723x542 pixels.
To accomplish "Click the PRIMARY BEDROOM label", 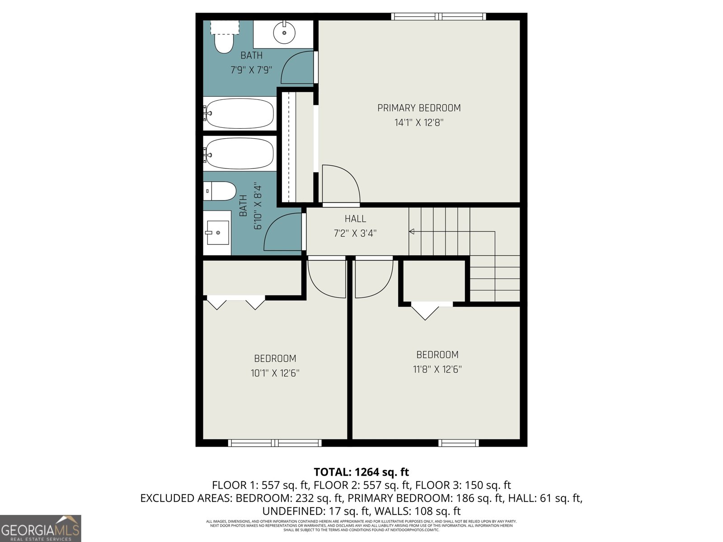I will click(x=419, y=108).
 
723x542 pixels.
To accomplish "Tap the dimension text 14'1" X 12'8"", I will click(x=419, y=122).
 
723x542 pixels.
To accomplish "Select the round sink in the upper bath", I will click(x=284, y=32).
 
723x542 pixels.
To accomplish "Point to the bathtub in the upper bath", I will click(x=239, y=113).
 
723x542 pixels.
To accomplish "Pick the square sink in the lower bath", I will click(x=217, y=233).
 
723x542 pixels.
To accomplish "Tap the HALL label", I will click(x=355, y=219).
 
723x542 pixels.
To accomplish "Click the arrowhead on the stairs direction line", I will click(x=412, y=232).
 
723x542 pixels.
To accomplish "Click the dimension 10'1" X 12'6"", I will click(x=275, y=373).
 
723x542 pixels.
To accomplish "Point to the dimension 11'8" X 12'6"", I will click(x=437, y=369).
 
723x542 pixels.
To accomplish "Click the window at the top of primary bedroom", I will click(x=438, y=17).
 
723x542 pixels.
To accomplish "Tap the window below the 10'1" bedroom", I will click(x=275, y=443).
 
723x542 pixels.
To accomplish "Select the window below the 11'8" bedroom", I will click(x=458, y=443).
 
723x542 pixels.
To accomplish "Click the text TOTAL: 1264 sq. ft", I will click(x=361, y=472).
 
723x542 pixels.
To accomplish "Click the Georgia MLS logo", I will click(x=41, y=528).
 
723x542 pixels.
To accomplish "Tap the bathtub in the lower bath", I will click(x=239, y=153).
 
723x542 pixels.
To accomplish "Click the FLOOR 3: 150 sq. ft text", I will click(x=463, y=486).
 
